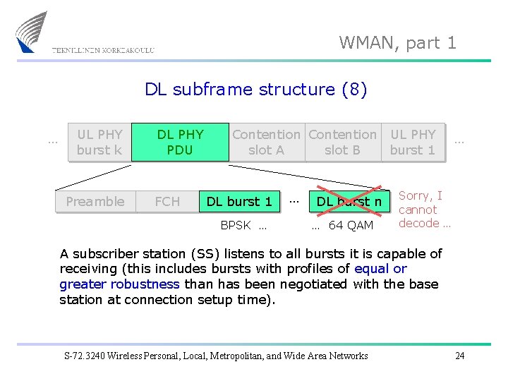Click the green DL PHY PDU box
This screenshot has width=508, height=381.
(x=180, y=142)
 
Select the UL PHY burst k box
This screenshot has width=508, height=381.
(x=99, y=142)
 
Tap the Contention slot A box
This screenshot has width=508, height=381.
(x=266, y=142)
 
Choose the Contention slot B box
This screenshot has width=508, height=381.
(x=342, y=142)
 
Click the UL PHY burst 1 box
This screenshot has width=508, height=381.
(x=413, y=142)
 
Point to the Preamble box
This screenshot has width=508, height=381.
(x=95, y=202)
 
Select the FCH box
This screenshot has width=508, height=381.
(x=167, y=202)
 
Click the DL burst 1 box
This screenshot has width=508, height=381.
(x=239, y=202)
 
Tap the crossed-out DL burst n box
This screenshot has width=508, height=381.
(x=349, y=202)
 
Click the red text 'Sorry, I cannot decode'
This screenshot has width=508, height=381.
(x=424, y=210)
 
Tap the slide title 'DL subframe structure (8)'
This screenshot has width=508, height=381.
(x=255, y=90)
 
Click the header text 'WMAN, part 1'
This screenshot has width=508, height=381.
(x=398, y=42)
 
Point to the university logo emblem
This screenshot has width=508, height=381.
(x=32, y=32)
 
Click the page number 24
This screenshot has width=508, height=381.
(x=460, y=356)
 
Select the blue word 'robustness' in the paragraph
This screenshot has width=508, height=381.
(x=145, y=284)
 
